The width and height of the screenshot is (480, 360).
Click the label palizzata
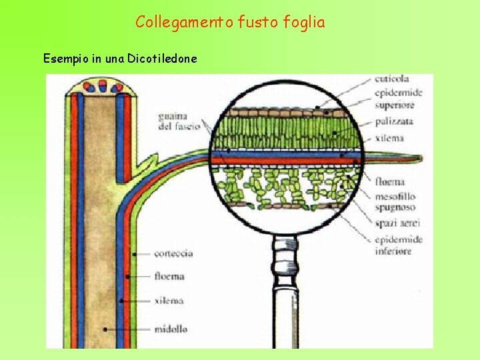(x=394, y=121)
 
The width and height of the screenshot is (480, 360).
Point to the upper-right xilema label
(x=389, y=138)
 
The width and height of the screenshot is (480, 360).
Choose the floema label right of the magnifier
(x=390, y=181)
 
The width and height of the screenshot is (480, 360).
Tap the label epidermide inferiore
(x=399, y=245)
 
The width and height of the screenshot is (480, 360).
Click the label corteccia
(x=173, y=253)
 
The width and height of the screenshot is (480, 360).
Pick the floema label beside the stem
(x=169, y=276)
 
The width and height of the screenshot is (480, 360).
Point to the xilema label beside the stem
(x=168, y=301)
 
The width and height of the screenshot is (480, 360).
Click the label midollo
(x=171, y=329)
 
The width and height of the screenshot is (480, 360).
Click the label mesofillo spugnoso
(x=395, y=201)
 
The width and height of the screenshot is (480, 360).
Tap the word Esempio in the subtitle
(x=65, y=59)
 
